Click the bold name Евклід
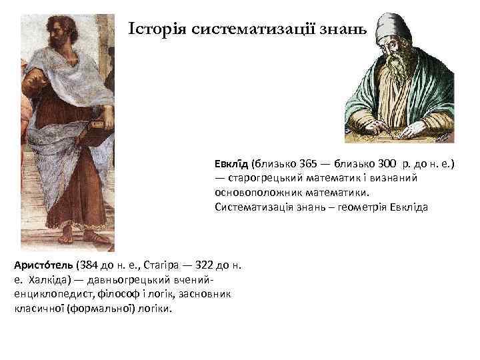tap(231, 164)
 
